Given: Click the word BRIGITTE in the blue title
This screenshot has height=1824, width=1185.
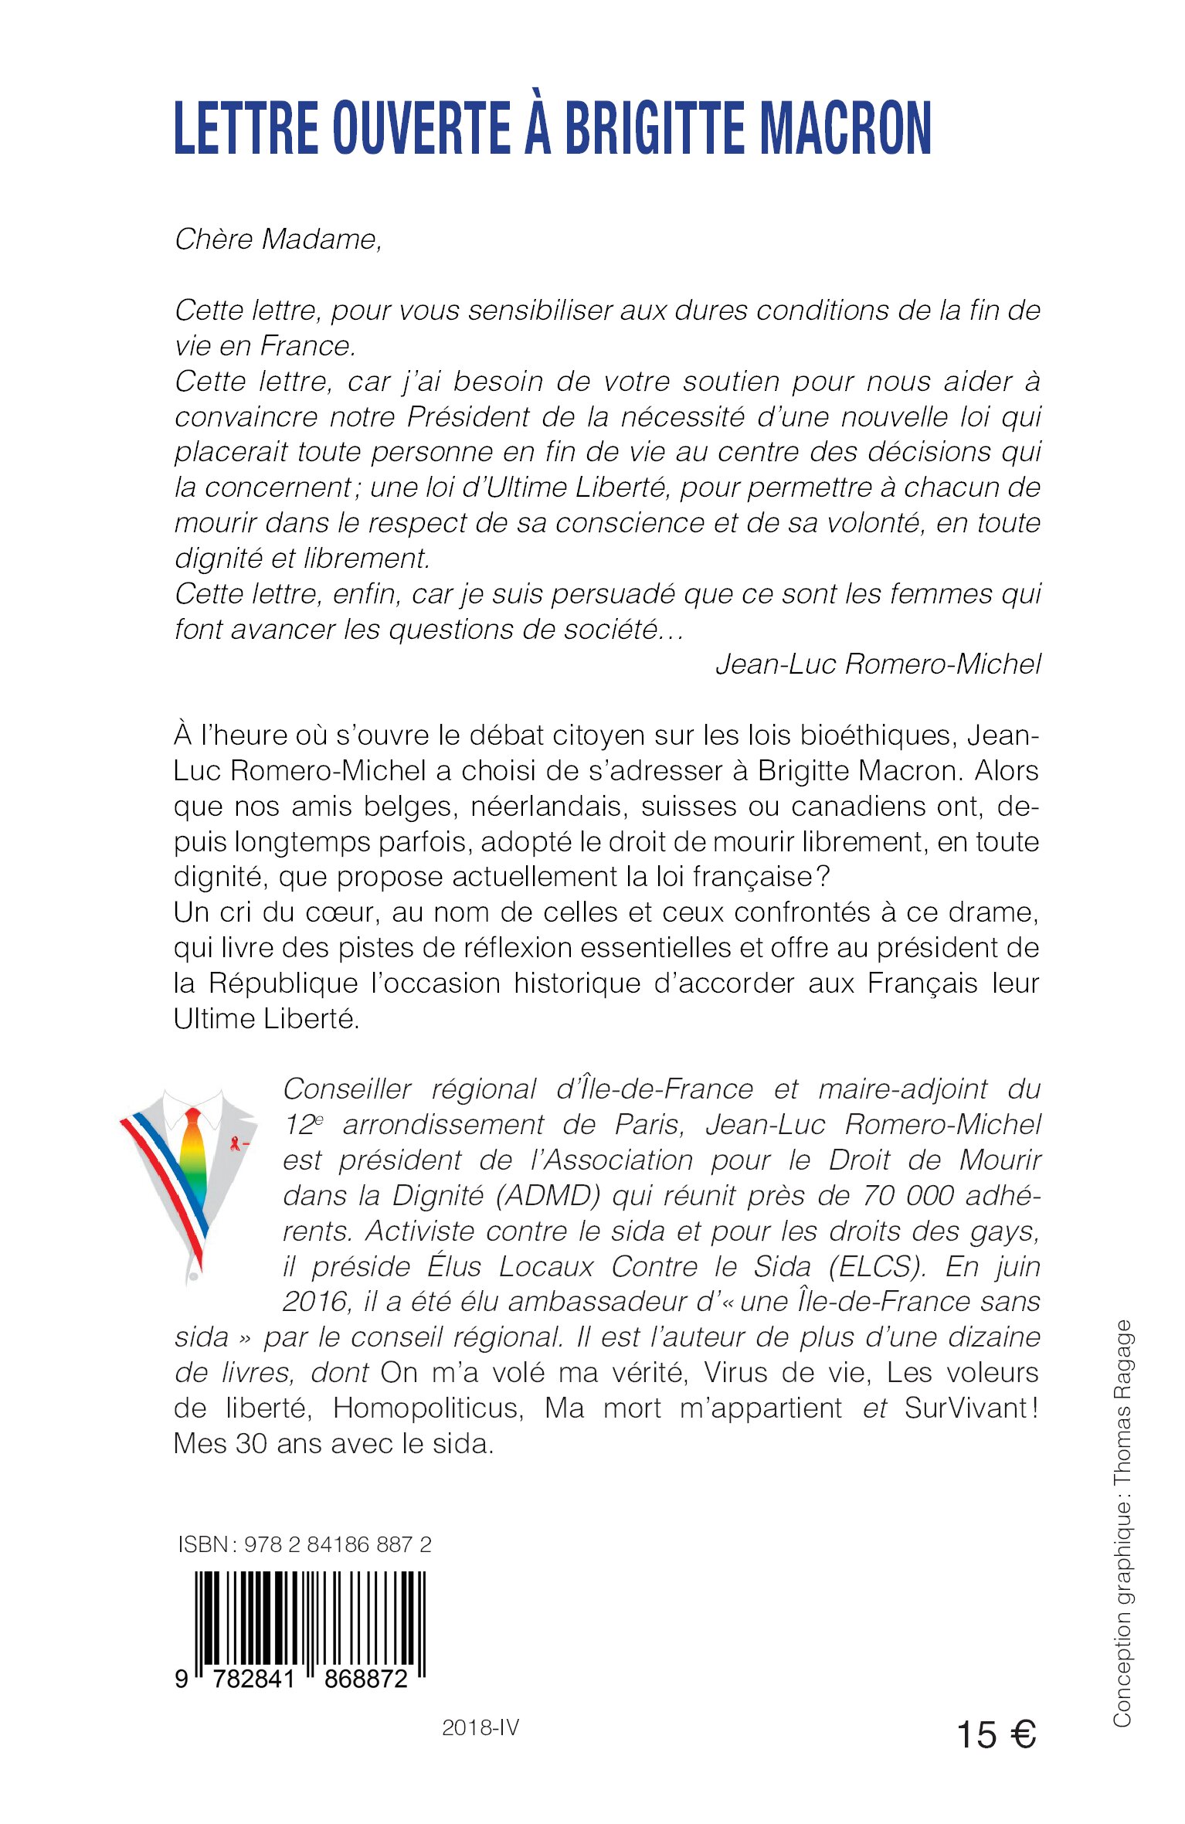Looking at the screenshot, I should pyautogui.click(x=656, y=128).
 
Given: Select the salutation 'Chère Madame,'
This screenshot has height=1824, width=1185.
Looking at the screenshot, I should pyautogui.click(x=278, y=239).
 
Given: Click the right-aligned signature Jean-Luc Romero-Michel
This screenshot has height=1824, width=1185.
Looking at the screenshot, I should pyautogui.click(x=878, y=664).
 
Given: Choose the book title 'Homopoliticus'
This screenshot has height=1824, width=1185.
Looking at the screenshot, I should pyautogui.click(x=428, y=1408).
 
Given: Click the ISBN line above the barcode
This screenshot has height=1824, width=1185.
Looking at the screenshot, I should pyautogui.click(x=304, y=1544).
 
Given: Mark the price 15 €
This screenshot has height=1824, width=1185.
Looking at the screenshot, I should pyautogui.click(x=996, y=1734).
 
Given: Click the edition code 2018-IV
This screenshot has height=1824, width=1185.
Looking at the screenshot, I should pyautogui.click(x=480, y=1728).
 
